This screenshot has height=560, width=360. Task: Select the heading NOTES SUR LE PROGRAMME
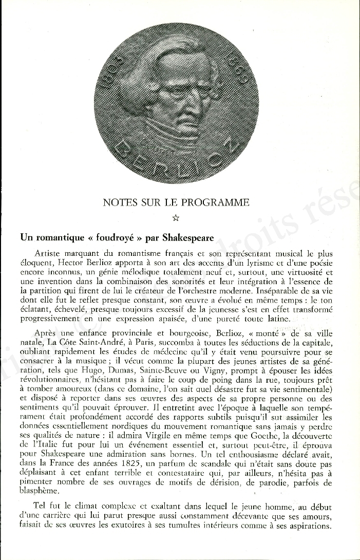click(x=176, y=202)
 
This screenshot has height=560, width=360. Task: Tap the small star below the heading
click(x=176, y=218)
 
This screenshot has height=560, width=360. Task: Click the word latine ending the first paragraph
click(x=277, y=319)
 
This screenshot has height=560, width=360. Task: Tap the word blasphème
click(x=40, y=491)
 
